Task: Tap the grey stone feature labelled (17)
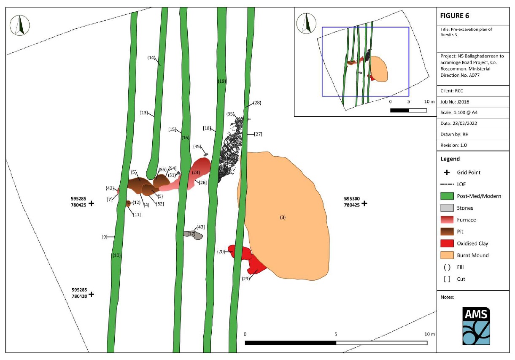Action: (x=193, y=235)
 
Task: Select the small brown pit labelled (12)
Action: (x=128, y=203)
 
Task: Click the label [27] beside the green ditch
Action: (x=258, y=134)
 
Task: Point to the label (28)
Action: (x=257, y=103)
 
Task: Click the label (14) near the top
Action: (x=151, y=57)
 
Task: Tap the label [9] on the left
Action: (x=104, y=237)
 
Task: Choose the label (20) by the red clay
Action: (x=221, y=252)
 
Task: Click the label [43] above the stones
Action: (x=200, y=227)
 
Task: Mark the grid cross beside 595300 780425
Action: (x=364, y=203)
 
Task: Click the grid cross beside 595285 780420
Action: (x=91, y=294)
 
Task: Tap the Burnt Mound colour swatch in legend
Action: (x=447, y=255)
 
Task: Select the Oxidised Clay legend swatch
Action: (x=447, y=244)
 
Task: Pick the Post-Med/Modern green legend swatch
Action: (x=447, y=196)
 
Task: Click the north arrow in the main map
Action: (x=20, y=25)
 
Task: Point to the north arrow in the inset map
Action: (x=306, y=23)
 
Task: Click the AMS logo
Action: (x=476, y=326)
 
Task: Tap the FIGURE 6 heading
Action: (x=454, y=16)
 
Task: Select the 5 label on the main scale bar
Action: (x=336, y=334)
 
